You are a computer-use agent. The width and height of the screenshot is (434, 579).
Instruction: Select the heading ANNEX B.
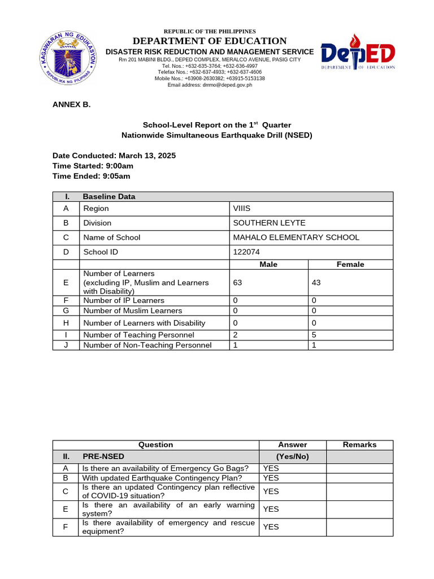coord(71,105)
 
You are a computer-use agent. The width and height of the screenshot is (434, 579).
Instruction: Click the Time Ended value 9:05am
coord(117,176)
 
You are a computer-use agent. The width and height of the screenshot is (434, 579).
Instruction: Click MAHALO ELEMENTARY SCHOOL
coord(296,237)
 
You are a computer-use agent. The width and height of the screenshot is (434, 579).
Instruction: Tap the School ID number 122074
coord(246,252)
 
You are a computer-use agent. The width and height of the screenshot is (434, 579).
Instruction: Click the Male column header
coord(268,265)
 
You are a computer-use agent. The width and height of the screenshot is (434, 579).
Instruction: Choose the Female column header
coord(350,265)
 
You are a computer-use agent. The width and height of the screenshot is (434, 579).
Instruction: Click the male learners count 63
coord(237,282)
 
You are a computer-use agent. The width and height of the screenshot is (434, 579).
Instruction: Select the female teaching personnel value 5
coord(314,335)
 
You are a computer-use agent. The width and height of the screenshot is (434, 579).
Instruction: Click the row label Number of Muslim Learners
coord(132,310)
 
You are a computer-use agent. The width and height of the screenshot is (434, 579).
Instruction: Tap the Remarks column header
coord(359,445)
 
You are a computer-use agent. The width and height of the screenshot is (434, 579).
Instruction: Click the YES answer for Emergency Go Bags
coord(271,468)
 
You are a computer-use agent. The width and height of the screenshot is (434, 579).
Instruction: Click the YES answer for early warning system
coord(271,509)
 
